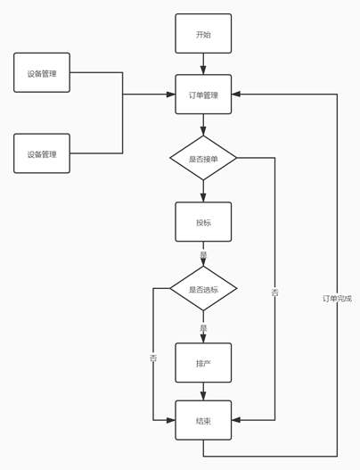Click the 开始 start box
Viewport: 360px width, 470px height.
tap(203, 34)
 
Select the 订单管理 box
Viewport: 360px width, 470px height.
tap(203, 95)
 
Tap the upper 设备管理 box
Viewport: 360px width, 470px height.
tap(42, 73)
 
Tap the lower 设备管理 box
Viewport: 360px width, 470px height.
tap(42, 153)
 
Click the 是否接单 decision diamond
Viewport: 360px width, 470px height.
tap(203, 158)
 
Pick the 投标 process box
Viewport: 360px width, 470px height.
tap(203, 222)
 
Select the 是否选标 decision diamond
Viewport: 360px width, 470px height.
tap(203, 289)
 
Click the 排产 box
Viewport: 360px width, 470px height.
tap(203, 363)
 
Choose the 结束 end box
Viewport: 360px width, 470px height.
tap(203, 420)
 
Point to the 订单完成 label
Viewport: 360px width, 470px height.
tap(337, 298)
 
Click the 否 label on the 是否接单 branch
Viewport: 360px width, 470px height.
tap(274, 292)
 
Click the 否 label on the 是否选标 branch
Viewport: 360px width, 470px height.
tap(153, 358)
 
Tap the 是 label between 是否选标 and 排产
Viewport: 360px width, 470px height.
tap(203, 327)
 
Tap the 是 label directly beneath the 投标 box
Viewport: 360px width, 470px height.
tap(203, 254)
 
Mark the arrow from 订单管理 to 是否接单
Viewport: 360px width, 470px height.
tap(203, 125)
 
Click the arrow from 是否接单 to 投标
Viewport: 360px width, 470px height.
tap(203, 191)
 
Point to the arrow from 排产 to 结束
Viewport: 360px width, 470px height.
tap(203, 392)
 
